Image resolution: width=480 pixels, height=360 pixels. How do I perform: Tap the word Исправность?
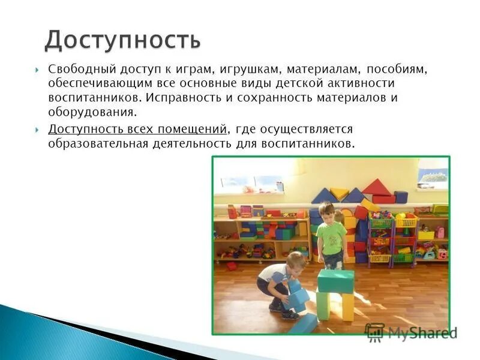186,97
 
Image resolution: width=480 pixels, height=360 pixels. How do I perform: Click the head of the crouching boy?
295,262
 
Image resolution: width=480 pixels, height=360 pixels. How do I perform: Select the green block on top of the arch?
335,281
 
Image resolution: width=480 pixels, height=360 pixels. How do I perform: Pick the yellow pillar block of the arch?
348,306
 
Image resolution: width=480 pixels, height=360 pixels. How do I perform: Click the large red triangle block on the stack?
376,187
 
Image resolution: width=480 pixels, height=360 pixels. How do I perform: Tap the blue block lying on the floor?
302,324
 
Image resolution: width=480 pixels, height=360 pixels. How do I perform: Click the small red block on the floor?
231,266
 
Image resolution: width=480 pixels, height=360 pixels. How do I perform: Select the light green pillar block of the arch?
323,305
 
